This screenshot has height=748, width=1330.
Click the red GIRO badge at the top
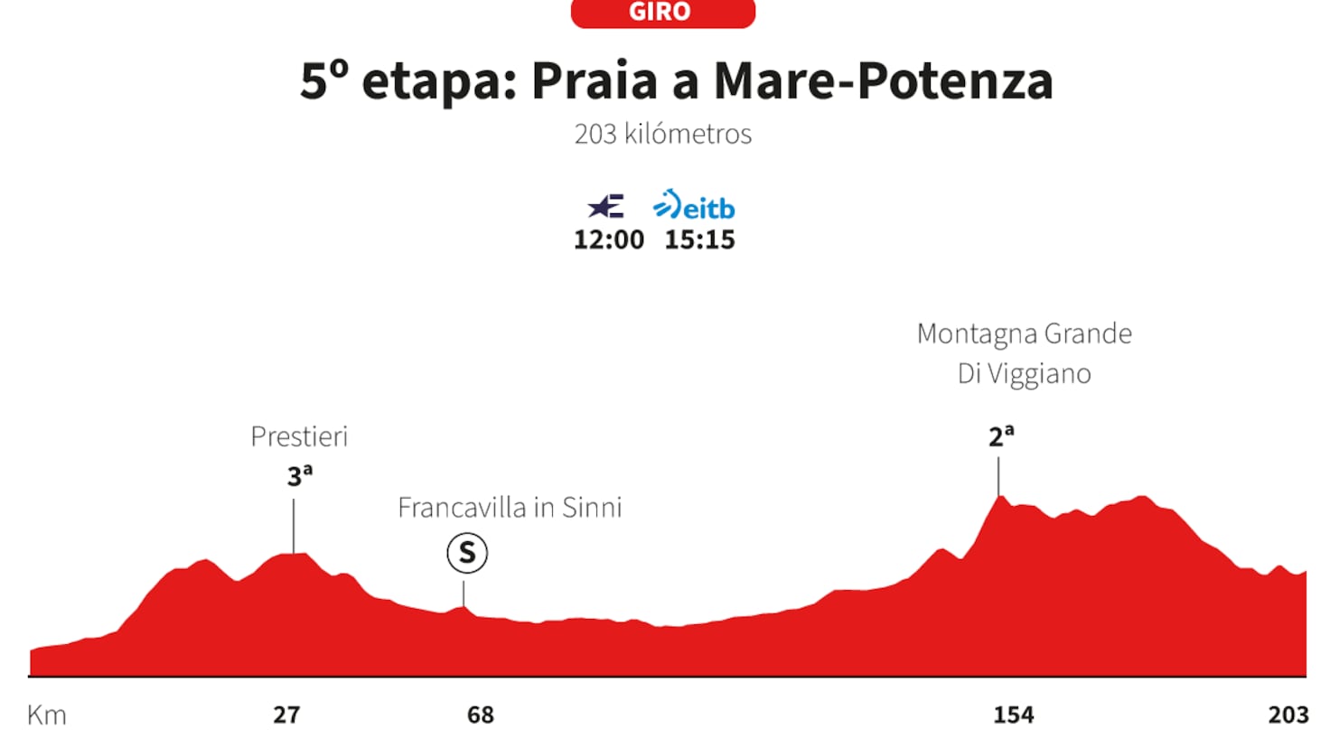point(662,12)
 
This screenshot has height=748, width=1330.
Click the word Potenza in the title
point(955,80)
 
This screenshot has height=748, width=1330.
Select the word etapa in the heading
point(439,84)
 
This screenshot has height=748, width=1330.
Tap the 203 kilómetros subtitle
point(662,135)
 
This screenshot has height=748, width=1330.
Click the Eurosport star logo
point(605,206)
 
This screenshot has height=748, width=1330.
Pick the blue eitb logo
point(694,205)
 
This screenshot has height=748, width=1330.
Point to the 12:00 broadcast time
point(609,239)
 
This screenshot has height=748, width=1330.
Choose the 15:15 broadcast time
point(699,239)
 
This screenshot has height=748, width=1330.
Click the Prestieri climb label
point(299,437)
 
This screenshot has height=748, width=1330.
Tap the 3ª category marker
point(299,475)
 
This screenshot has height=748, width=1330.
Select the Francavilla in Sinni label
point(510,508)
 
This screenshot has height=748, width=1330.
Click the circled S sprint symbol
point(467,553)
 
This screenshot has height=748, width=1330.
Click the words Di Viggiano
point(1025,374)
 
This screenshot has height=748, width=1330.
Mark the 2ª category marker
point(1001,436)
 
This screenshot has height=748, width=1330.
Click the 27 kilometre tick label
point(286,715)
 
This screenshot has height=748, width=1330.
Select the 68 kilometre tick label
point(481,715)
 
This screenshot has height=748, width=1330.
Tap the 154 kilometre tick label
point(1014,715)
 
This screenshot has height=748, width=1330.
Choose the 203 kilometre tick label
point(1288,715)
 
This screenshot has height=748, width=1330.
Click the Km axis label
point(47,715)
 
